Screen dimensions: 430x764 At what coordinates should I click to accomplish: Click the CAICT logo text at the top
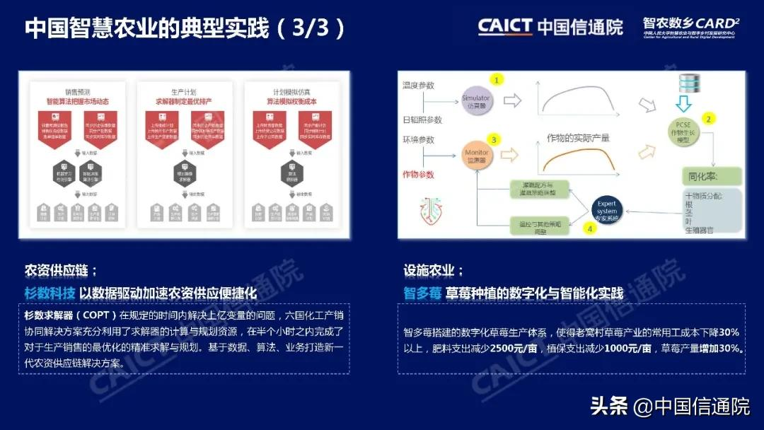tap(504, 27)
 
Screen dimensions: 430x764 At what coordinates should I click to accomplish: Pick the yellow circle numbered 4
tap(589, 228)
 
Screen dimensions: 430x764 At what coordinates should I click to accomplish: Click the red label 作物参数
tap(419, 173)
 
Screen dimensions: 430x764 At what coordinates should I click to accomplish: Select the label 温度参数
tap(419, 85)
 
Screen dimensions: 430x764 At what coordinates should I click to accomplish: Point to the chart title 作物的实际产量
tap(577, 138)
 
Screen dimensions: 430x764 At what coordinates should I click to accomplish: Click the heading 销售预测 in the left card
tap(77, 91)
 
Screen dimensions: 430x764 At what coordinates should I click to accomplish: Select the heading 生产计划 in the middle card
tap(183, 91)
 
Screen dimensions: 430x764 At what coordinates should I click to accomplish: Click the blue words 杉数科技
tap(48, 293)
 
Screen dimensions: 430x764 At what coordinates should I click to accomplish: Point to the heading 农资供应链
tap(59, 270)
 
